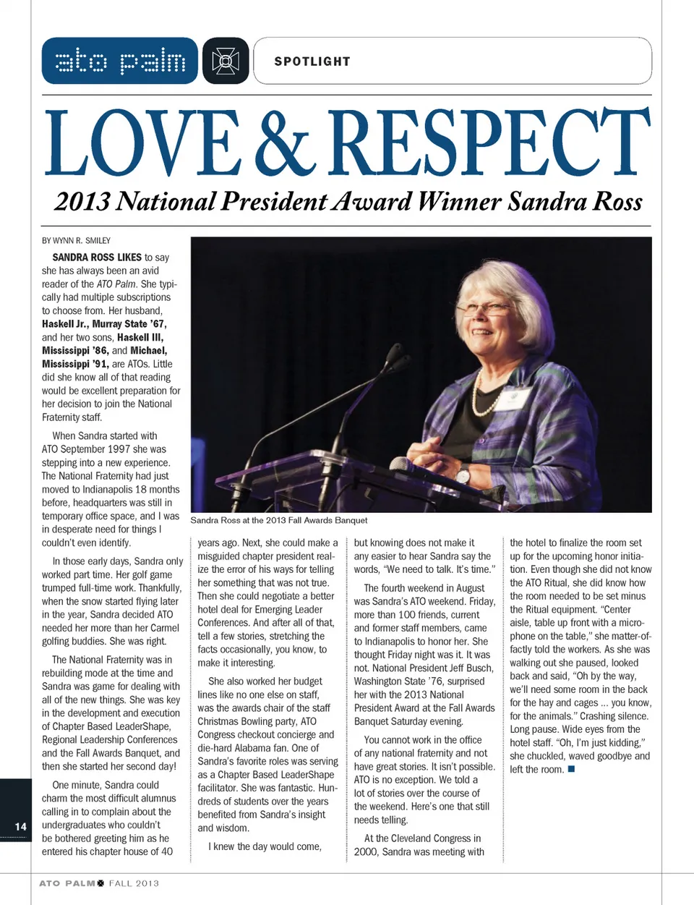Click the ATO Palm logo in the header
point(120,61)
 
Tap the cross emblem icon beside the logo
point(226,61)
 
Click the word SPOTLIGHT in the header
point(312,61)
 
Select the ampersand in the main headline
point(286,143)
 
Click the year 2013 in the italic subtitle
point(82,201)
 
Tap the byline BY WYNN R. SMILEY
point(76,240)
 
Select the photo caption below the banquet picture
point(278,520)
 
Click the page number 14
point(20,826)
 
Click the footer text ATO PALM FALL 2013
point(99,883)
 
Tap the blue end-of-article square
point(571,769)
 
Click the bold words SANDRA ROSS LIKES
point(97,257)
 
